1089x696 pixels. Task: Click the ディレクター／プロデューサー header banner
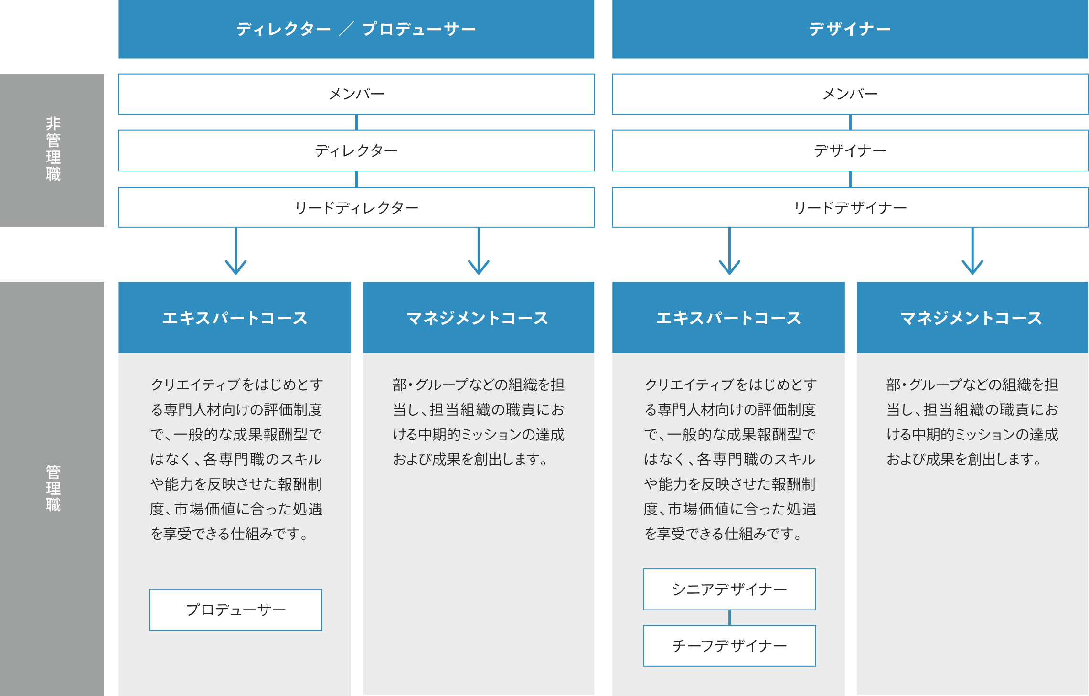coord(356,29)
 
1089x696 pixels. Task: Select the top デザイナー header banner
coord(850,29)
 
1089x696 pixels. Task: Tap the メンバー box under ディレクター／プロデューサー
coord(356,94)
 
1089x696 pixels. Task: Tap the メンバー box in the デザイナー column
coord(850,94)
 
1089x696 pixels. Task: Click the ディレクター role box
coord(356,150)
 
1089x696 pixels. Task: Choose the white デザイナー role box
coord(850,150)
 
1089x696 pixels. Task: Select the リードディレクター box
coord(356,207)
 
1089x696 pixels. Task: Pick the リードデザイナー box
coord(850,207)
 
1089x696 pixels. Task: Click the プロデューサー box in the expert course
coord(236,610)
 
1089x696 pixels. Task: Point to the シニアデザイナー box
coord(729,589)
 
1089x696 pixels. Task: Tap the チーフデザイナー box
coord(729,646)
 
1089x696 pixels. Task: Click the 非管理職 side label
coord(53,149)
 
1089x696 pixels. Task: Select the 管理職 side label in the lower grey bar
coord(53,488)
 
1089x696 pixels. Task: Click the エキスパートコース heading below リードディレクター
coord(235,318)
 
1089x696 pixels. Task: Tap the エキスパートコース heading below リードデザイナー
coord(728,318)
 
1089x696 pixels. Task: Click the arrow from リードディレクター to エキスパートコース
coord(236,251)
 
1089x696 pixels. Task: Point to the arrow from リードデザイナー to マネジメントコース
coord(972,251)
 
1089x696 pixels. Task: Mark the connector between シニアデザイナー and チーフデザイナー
coord(729,618)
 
